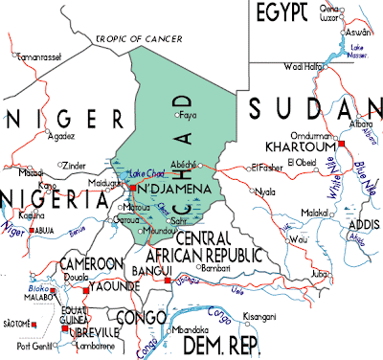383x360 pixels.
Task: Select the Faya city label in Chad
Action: pos(188,116)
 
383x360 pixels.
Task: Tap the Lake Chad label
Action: pos(134,171)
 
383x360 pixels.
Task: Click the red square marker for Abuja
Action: pos(34,232)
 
